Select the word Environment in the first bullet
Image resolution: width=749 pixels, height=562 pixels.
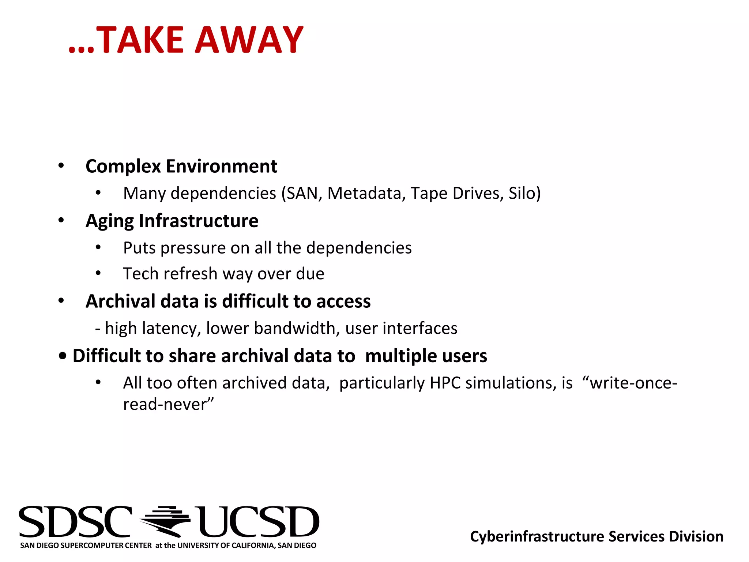222,166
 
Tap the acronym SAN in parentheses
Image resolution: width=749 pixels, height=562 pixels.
302,193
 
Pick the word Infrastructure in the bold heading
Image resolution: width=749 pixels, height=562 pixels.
198,221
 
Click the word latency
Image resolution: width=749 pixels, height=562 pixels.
172,329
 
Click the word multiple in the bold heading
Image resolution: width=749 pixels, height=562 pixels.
400,356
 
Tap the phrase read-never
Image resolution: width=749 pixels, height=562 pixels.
168,404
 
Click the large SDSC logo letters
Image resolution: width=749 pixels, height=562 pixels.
75,522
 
